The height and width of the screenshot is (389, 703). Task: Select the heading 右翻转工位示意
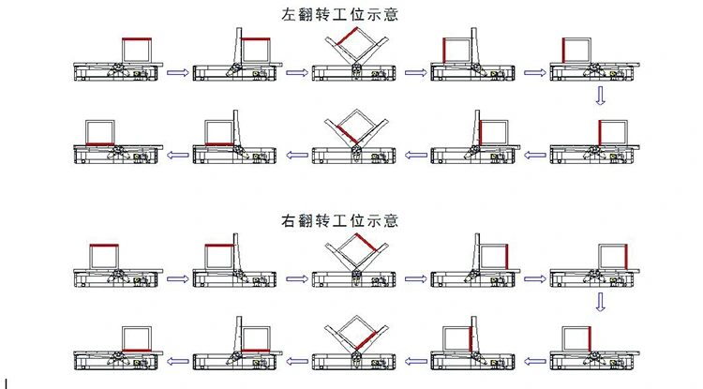click(x=339, y=221)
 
